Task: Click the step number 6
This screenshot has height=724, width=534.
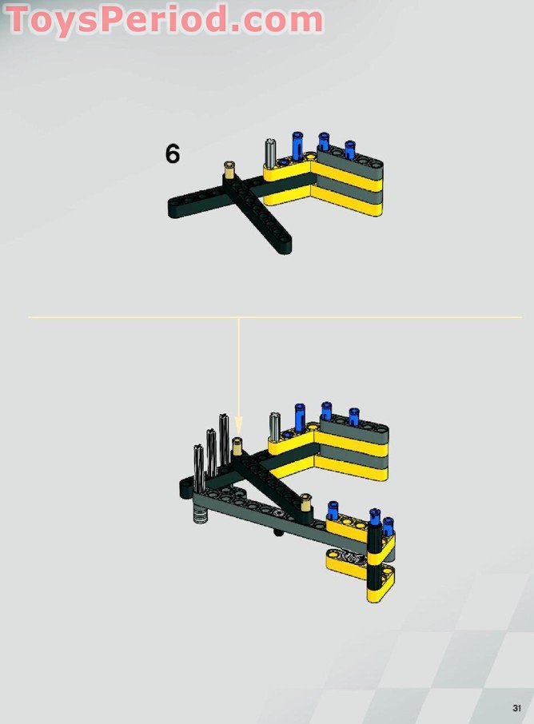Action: point(173,153)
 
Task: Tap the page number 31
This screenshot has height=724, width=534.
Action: point(517,708)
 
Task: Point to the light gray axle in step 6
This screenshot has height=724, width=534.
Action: point(270,151)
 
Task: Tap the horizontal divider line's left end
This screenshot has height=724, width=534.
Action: point(30,317)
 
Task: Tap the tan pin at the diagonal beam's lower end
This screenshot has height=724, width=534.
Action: point(307,500)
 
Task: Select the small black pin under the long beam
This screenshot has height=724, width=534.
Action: point(277,532)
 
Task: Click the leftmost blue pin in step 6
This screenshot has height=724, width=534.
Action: point(297,145)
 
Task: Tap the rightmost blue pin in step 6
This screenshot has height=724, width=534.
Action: point(349,149)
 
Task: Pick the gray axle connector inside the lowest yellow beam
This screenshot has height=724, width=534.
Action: point(349,556)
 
